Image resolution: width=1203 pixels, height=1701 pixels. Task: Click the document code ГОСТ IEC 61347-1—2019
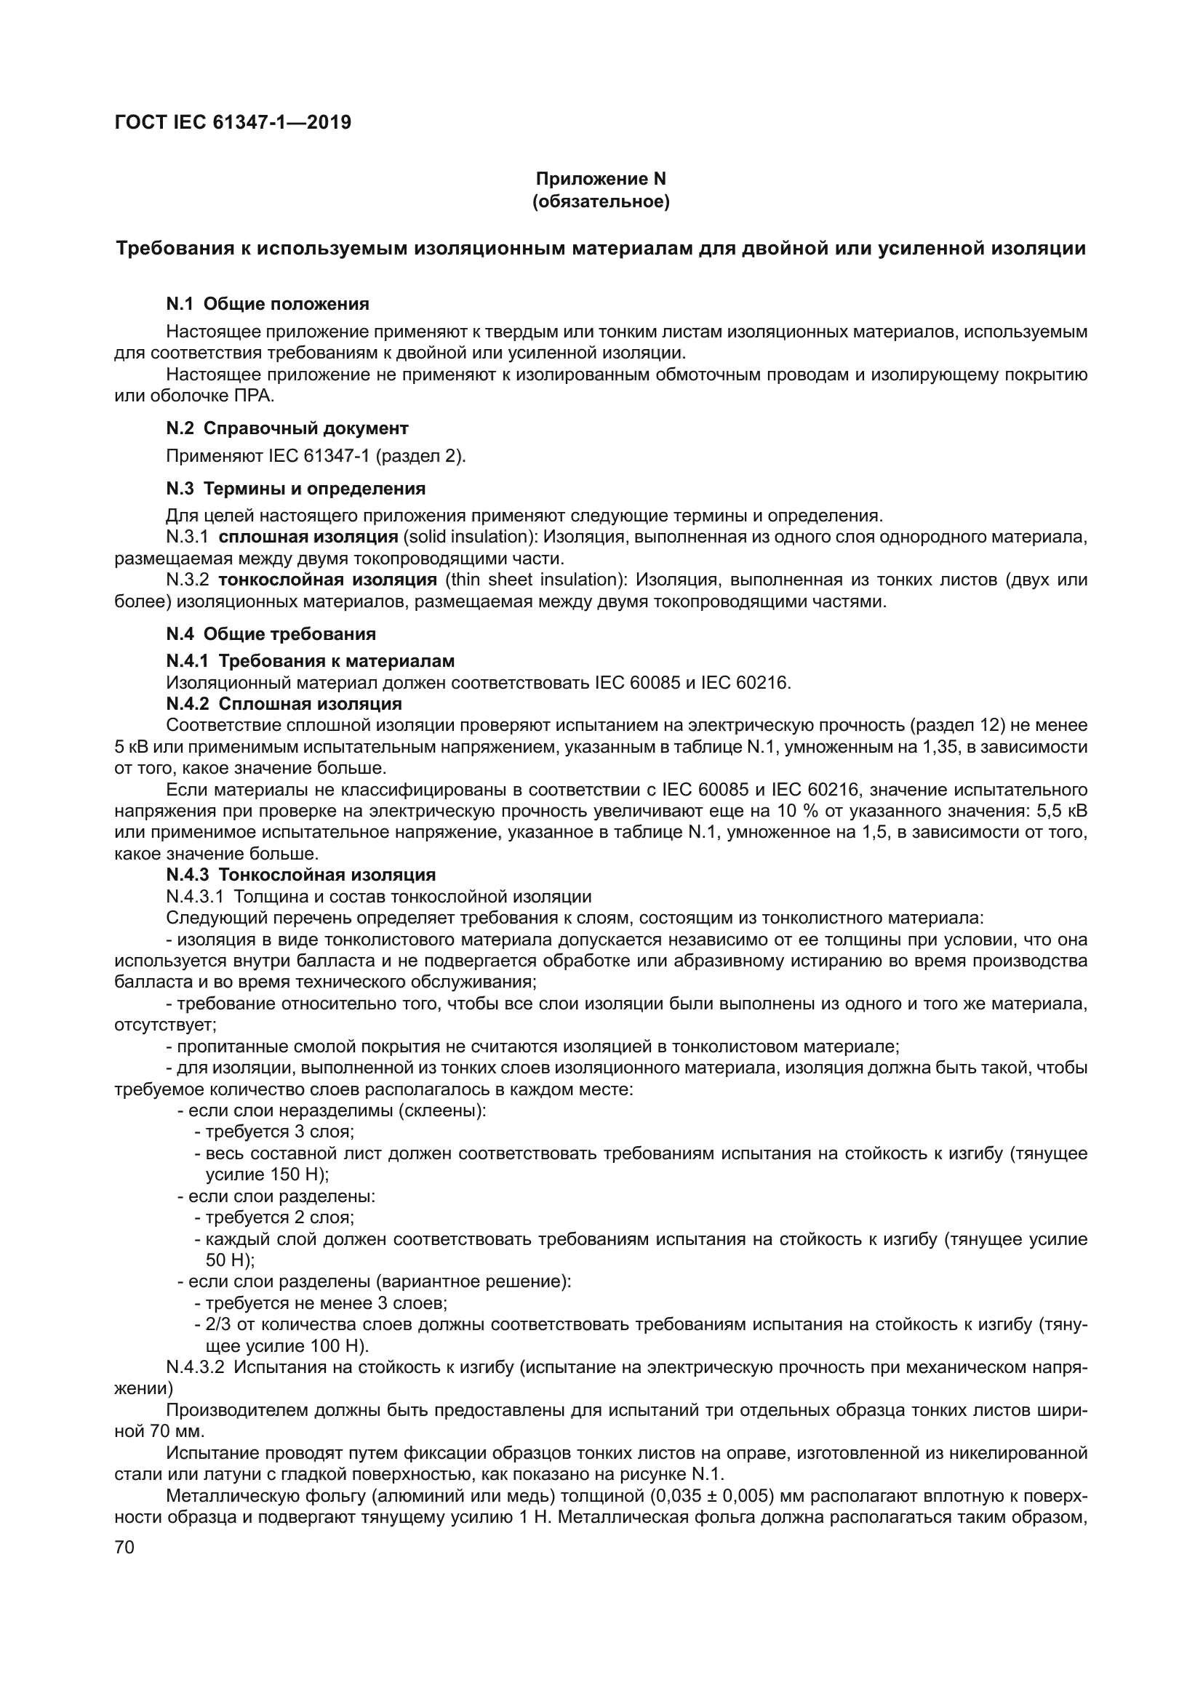coord(233,122)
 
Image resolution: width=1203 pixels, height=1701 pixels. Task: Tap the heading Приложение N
coord(601,180)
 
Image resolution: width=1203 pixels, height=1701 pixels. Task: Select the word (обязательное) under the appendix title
coord(601,201)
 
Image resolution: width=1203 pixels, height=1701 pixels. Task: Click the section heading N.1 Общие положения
coord(268,304)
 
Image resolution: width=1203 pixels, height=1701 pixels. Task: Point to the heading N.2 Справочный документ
coord(287,428)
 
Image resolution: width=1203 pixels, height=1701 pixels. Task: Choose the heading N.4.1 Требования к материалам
coord(311,661)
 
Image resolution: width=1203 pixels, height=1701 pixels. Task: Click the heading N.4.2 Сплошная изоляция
coord(284,703)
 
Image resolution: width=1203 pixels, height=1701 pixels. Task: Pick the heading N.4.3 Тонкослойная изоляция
coord(301,875)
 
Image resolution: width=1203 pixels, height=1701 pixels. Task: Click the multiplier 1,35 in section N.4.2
coord(935,747)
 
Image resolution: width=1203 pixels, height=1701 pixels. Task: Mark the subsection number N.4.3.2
coord(195,1368)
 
